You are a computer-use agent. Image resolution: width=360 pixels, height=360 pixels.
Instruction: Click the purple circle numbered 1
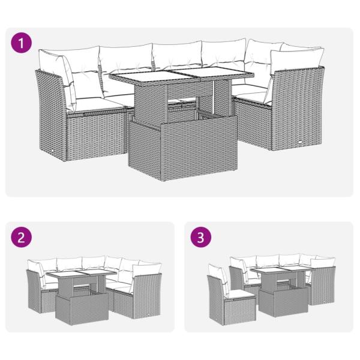point(21,43)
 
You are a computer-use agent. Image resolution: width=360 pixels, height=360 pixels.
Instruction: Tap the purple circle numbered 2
point(21,238)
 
